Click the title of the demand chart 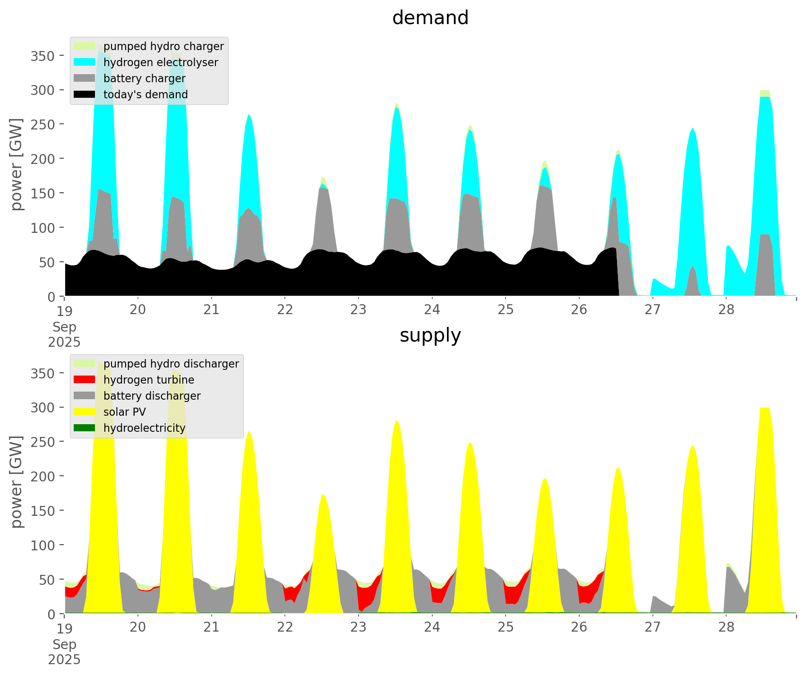(x=430, y=18)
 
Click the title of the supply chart (x=430, y=335)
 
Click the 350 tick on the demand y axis (x=43, y=56)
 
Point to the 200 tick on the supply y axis (x=43, y=476)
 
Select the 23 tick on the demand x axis (x=359, y=309)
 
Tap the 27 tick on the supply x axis (x=652, y=627)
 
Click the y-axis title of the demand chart (x=17, y=165)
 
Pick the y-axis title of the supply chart (x=17, y=482)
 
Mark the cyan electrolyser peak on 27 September (x=693, y=128)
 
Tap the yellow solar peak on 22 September (x=323, y=496)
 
